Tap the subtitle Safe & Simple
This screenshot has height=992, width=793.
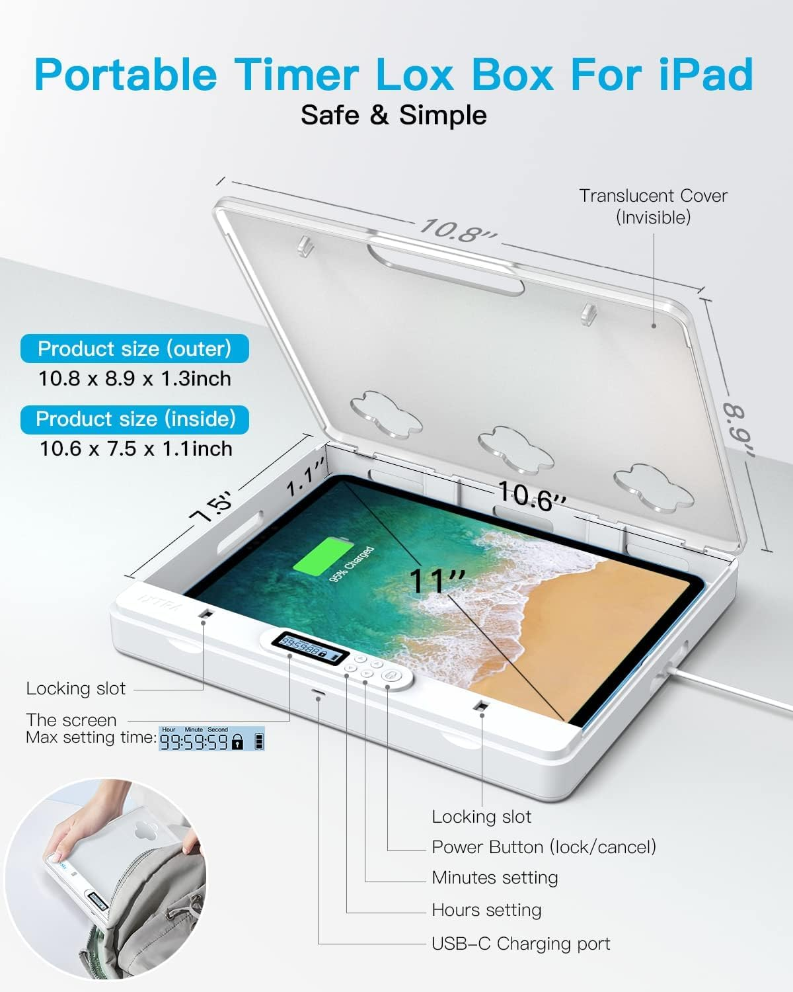click(x=394, y=115)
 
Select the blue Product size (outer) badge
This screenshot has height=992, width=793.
click(x=135, y=349)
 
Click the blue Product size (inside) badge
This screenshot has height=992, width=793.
click(x=135, y=419)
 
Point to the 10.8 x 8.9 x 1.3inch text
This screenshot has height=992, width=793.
click(x=135, y=379)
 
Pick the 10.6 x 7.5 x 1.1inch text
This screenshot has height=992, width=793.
click(x=136, y=449)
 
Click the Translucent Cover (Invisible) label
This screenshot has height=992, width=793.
click(x=653, y=206)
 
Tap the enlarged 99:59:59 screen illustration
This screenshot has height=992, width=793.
click(x=211, y=739)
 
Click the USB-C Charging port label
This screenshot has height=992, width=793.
click(x=521, y=944)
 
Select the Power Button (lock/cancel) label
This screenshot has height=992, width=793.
click(x=543, y=847)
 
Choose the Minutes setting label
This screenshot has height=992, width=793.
click(x=494, y=878)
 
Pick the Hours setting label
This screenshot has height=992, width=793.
click(x=486, y=911)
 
